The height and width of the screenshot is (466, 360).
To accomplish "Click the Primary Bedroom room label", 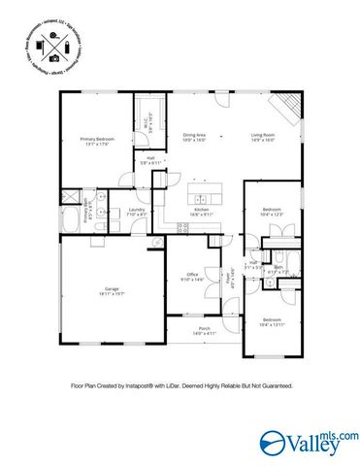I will pyautogui.click(x=97, y=142).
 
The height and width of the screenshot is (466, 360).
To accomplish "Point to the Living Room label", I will pyautogui.click(x=264, y=137).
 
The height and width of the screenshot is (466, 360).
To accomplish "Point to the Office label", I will pyautogui.click(x=192, y=277).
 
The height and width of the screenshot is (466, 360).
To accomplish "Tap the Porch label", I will pyautogui.click(x=205, y=330).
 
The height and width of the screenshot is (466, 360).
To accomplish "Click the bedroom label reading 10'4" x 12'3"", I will pyautogui.click(x=273, y=212).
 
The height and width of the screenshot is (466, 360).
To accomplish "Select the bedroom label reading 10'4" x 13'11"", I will pyautogui.click(x=273, y=321).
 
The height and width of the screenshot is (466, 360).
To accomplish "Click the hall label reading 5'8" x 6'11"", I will pyautogui.click(x=151, y=161).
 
